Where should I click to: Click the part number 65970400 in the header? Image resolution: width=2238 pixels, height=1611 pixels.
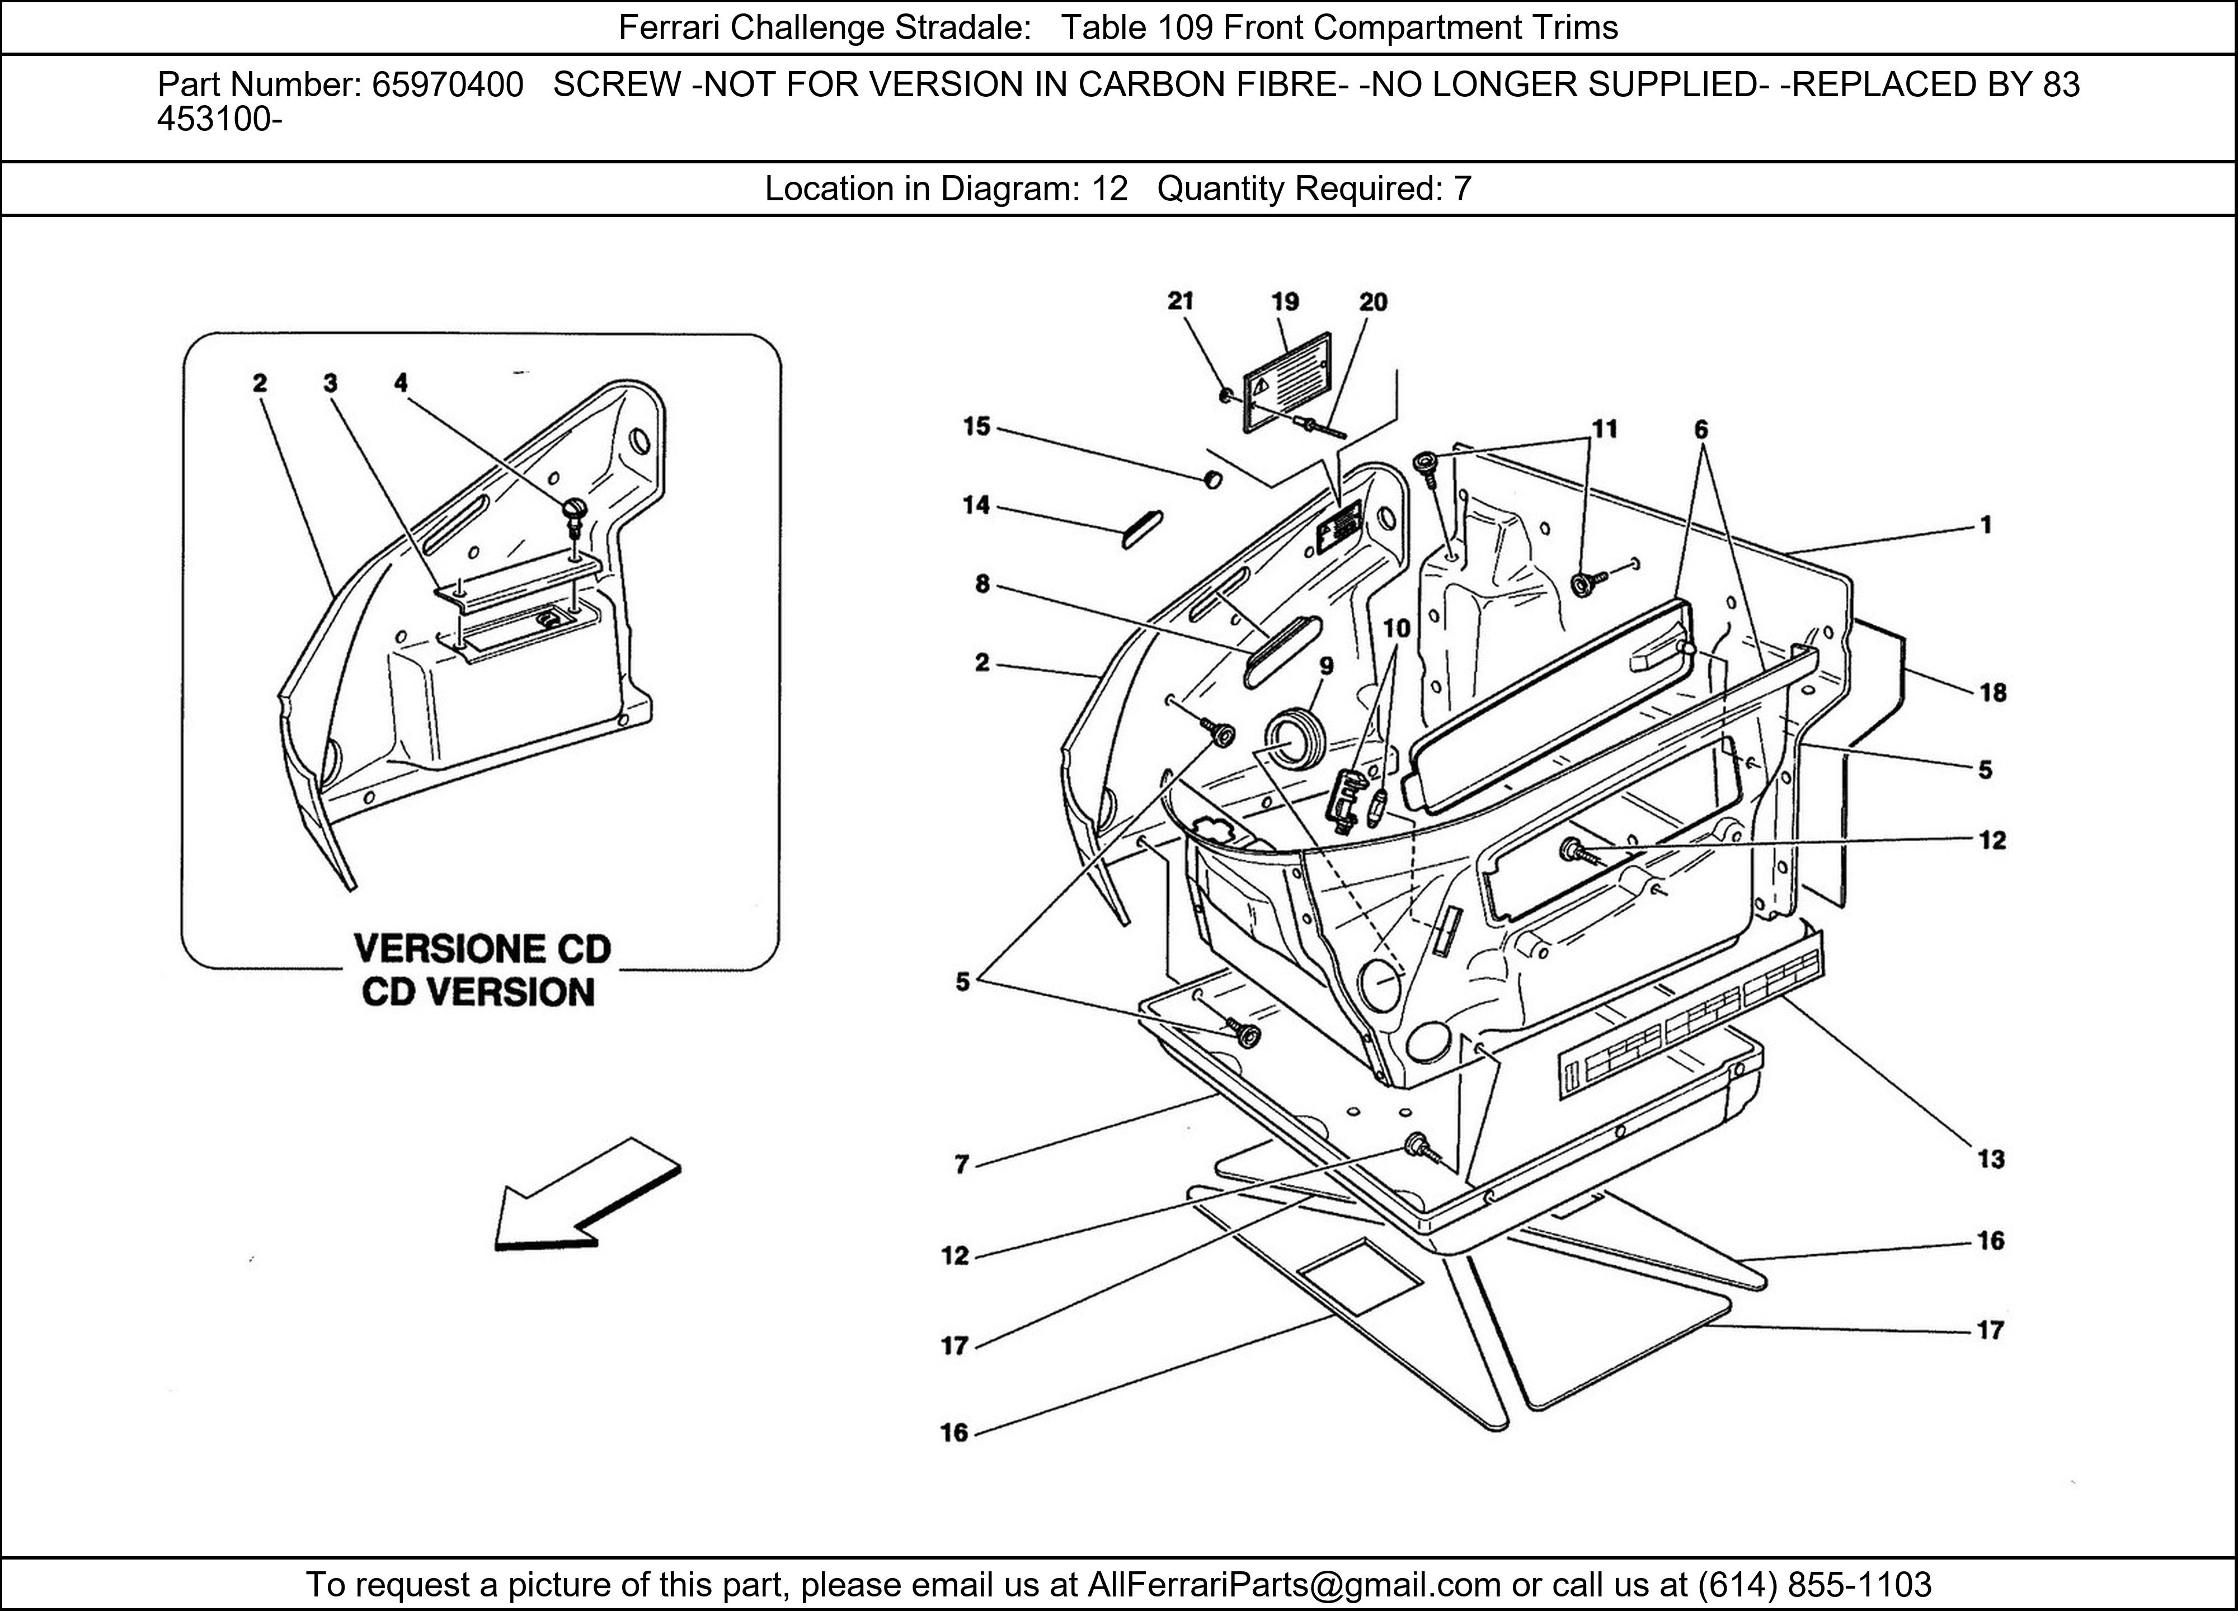(x=447, y=86)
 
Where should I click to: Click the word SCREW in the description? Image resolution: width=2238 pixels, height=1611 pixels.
(x=616, y=86)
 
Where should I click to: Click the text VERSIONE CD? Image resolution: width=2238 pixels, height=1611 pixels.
(x=482, y=949)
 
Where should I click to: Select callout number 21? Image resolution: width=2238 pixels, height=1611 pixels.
(x=1180, y=301)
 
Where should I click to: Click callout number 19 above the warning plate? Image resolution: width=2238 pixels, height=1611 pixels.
(x=1285, y=302)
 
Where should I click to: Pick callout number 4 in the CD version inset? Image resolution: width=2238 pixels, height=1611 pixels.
(x=401, y=383)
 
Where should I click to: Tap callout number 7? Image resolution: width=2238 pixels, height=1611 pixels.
(x=962, y=1165)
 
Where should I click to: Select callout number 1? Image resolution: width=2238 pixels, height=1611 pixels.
(x=1986, y=525)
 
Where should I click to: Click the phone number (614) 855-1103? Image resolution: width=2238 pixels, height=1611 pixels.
(x=1814, y=1584)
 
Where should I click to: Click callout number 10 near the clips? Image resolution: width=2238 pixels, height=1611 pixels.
(x=1397, y=628)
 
